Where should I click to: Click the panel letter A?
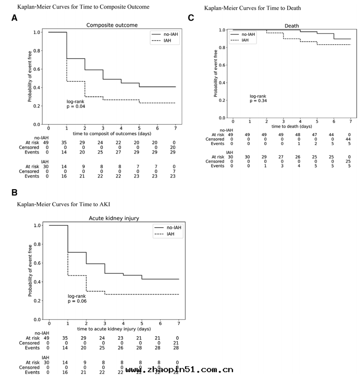[14, 18]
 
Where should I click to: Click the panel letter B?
[14, 192]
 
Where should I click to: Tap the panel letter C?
[191, 17]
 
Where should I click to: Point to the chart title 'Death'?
[292, 26]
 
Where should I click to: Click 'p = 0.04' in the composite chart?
[76, 106]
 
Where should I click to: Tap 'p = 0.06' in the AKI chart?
[77, 301]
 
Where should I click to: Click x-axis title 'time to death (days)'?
[292, 126]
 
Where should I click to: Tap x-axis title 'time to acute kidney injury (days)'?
[114, 328]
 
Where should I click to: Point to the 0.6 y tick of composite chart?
[36, 69]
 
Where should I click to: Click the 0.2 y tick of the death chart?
[222, 100]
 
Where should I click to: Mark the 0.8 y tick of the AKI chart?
[37, 244]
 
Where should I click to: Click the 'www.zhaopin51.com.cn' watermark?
[179, 370]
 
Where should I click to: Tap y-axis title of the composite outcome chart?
[29, 78]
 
